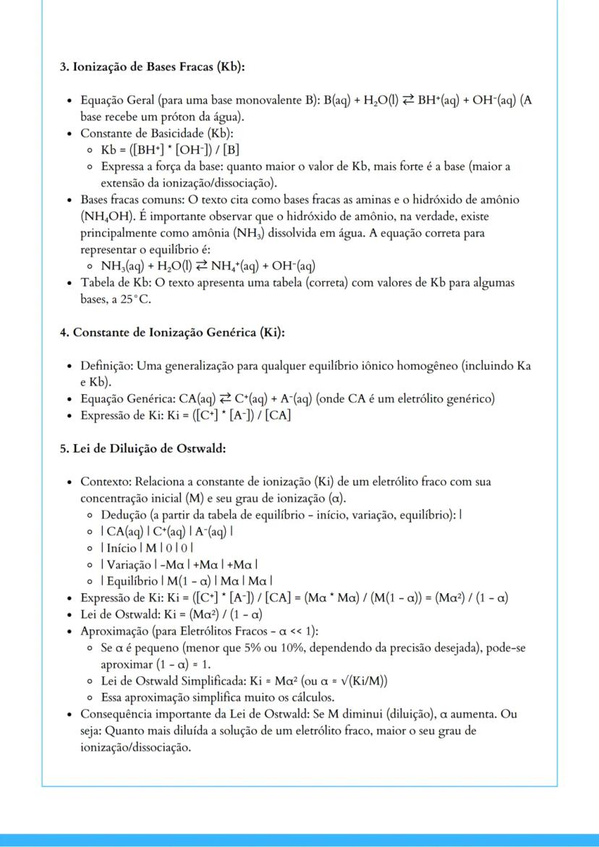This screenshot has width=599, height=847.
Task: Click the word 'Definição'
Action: tap(107, 367)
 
